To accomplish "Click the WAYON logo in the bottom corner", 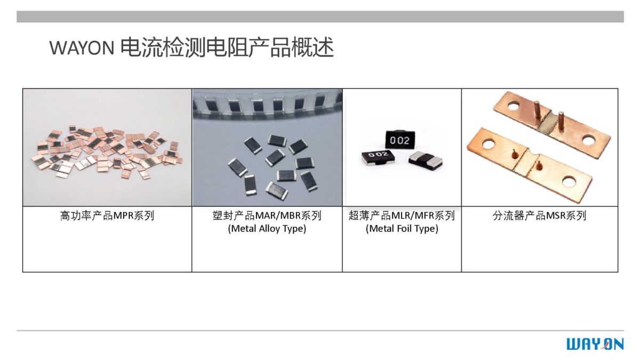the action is pyautogui.click(x=595, y=344).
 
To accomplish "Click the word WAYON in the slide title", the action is pyautogui.click(x=82, y=47).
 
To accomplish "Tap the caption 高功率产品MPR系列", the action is pyautogui.click(x=107, y=215).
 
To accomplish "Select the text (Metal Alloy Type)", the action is pyautogui.click(x=267, y=229).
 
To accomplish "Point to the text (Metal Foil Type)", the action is pyautogui.click(x=402, y=229).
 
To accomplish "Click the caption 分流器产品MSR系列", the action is pyautogui.click(x=539, y=215).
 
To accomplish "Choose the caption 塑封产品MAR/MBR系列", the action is pyautogui.click(x=267, y=215).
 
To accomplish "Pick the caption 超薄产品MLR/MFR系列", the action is pyautogui.click(x=402, y=215).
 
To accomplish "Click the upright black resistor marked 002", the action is pyautogui.click(x=399, y=140).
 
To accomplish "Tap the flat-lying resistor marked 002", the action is pyautogui.click(x=378, y=158).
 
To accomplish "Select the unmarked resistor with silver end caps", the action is pyautogui.click(x=426, y=161).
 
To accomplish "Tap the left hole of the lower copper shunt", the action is pyautogui.click(x=489, y=143).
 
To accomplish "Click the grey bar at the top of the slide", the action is pyautogui.click(x=320, y=17).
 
